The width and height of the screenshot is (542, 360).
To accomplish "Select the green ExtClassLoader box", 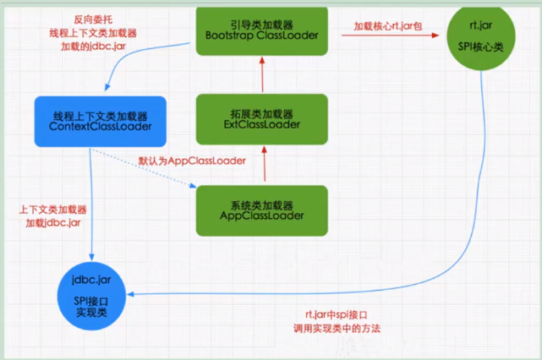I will point(264,118).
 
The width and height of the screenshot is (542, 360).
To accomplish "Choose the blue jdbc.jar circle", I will point(95,287).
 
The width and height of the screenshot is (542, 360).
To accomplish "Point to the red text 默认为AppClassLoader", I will point(193,161).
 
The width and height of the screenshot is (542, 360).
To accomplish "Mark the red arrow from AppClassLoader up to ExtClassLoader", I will point(264,163).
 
